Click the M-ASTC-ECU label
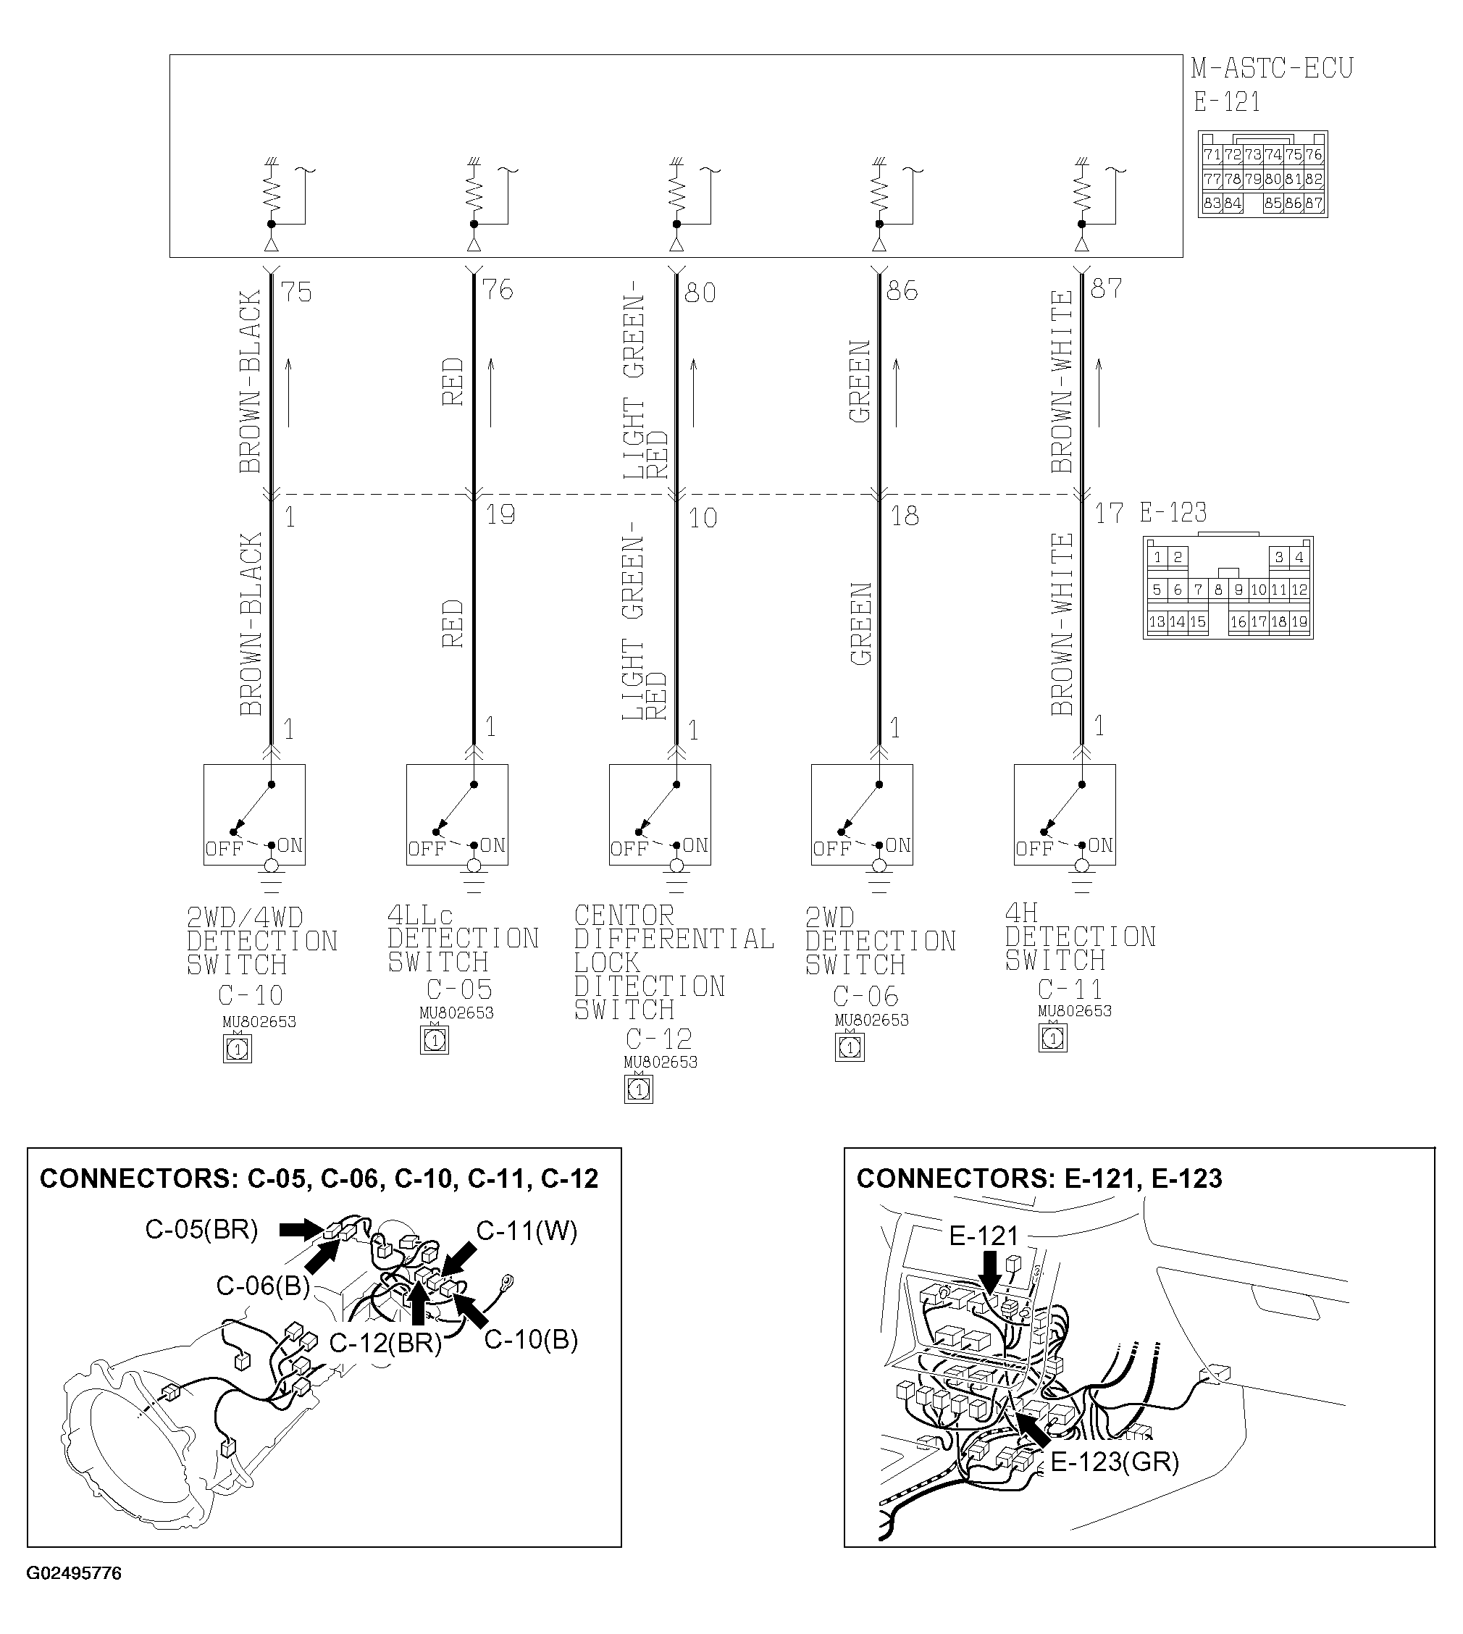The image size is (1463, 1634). (x=1272, y=68)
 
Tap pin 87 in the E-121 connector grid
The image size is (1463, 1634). (x=1314, y=204)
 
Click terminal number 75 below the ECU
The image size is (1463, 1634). (x=297, y=292)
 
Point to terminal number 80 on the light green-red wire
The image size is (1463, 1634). (x=700, y=293)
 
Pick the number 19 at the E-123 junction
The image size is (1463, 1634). (x=500, y=514)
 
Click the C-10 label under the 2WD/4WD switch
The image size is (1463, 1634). (x=251, y=996)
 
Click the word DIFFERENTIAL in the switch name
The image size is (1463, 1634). (x=674, y=939)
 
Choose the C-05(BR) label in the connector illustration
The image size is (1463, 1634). (x=202, y=1230)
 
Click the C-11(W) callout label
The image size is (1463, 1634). (x=527, y=1231)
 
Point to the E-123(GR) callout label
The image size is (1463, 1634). (x=1115, y=1461)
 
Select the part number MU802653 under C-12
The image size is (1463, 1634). (x=661, y=1062)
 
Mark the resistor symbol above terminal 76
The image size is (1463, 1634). (x=474, y=192)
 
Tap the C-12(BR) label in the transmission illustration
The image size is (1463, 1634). (x=386, y=1343)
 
